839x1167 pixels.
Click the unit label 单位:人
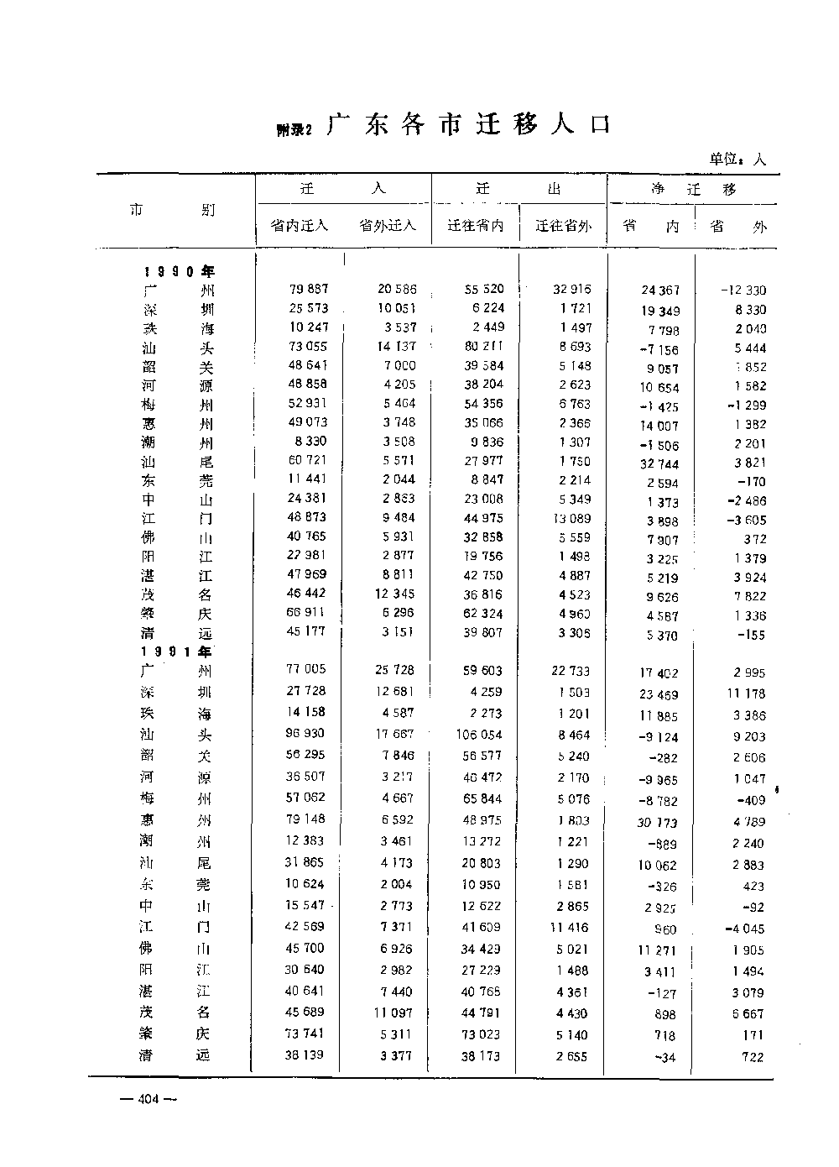click(737, 159)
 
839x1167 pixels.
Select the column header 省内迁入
click(300, 226)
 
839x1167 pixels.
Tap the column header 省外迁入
click(387, 226)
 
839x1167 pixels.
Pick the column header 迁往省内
click(476, 226)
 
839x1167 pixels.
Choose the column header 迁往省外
click(563, 226)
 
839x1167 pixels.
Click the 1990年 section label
click(179, 271)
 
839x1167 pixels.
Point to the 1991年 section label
click(177, 652)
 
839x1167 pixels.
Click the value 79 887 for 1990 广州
click(308, 289)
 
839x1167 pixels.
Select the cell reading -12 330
click(743, 290)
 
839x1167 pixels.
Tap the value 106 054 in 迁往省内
click(481, 734)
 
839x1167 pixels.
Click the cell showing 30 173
click(656, 823)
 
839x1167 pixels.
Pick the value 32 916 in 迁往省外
click(571, 289)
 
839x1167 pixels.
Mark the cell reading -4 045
click(744, 929)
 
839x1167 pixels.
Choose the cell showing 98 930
click(305, 733)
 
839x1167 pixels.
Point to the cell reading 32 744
click(659, 464)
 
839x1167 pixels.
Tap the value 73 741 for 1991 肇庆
click(305, 1034)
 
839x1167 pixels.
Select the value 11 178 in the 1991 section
click(743, 693)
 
